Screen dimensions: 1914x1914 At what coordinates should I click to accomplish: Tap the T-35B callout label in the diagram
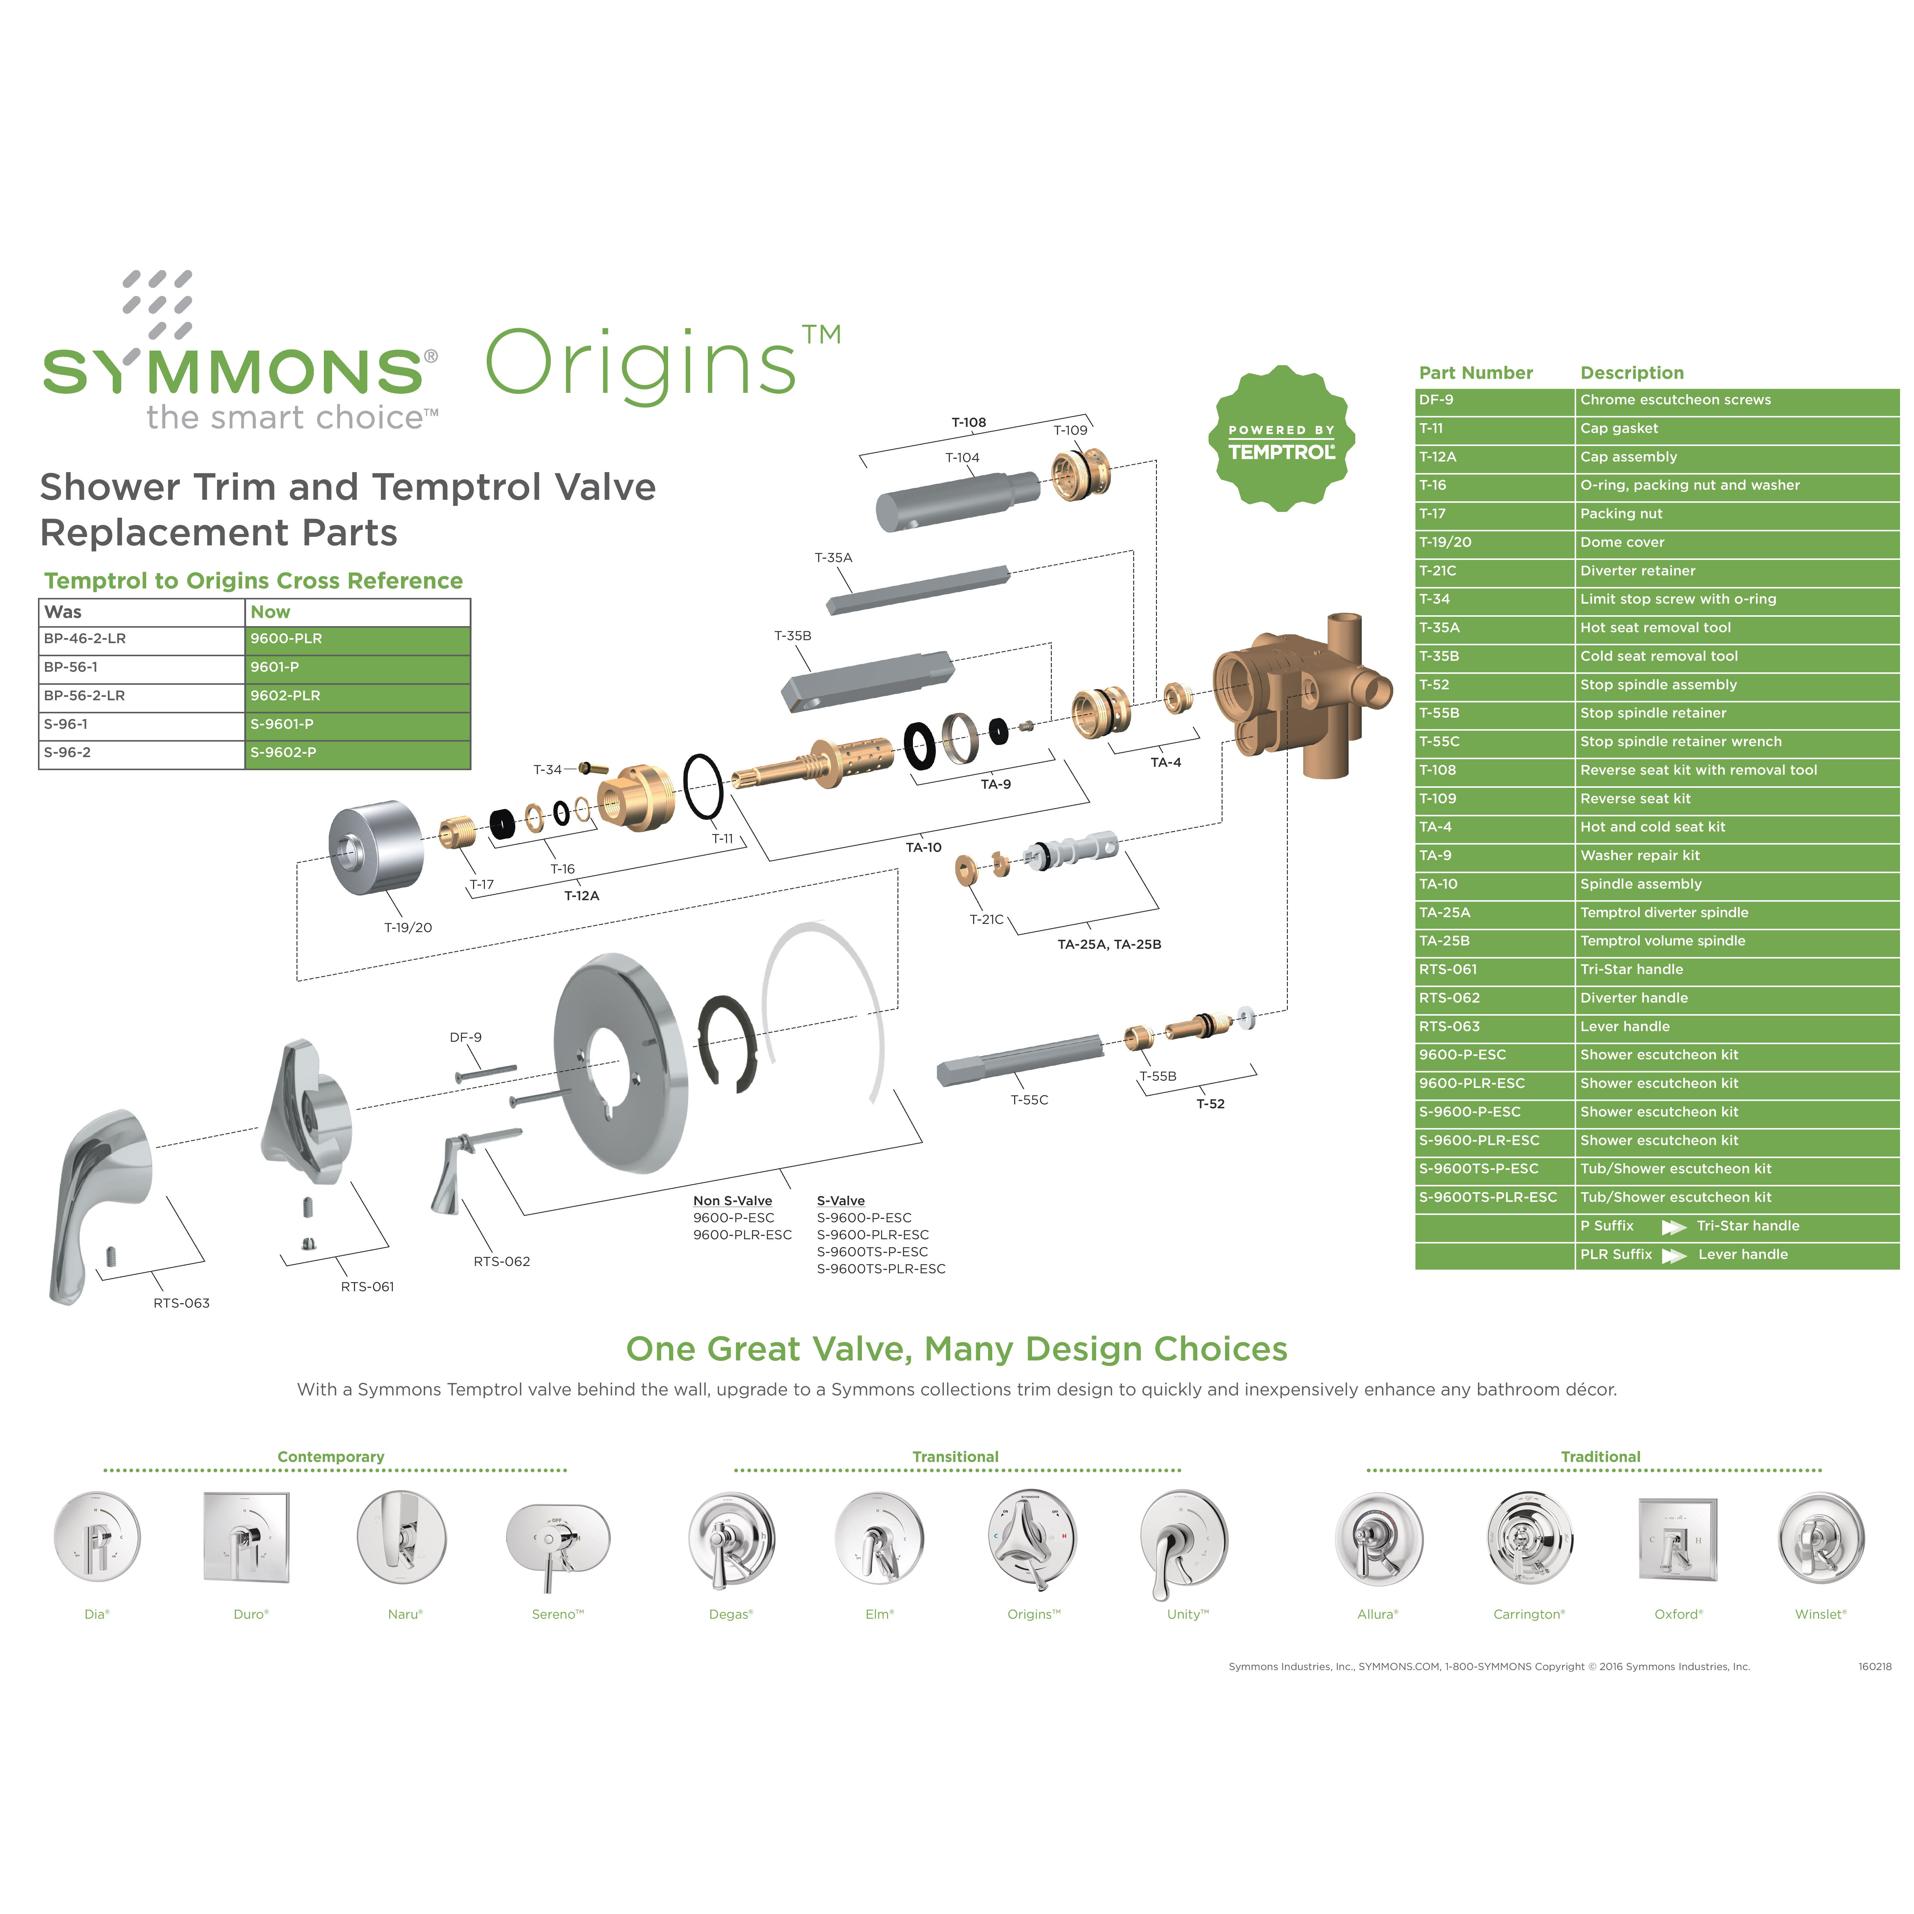pos(793,636)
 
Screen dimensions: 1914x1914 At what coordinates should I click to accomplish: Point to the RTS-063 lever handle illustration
pos(99,1199)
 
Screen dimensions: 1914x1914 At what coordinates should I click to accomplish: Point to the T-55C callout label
pos(1029,1100)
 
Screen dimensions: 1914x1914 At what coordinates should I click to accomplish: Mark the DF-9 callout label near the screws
pos(466,1037)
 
